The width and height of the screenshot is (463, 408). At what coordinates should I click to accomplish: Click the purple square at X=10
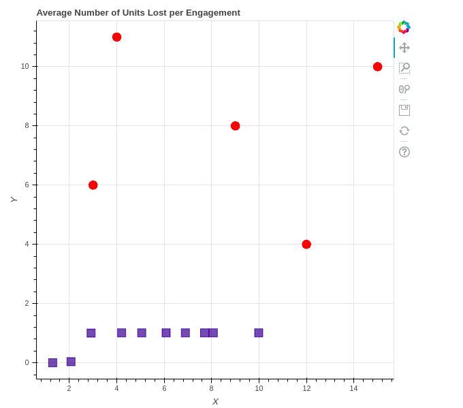pyautogui.click(x=259, y=333)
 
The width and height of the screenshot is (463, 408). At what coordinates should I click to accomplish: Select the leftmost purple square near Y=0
pyautogui.click(x=52, y=362)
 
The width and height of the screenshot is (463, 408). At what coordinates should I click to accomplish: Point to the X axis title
pyautogui.click(x=215, y=401)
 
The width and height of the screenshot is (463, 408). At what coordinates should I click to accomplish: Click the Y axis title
pyautogui.click(x=13, y=199)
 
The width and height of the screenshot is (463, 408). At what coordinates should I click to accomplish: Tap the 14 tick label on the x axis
pyautogui.click(x=353, y=388)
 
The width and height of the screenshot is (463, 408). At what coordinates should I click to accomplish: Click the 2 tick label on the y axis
pyautogui.click(x=27, y=304)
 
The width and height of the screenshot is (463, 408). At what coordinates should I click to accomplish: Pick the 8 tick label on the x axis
pyautogui.click(x=211, y=388)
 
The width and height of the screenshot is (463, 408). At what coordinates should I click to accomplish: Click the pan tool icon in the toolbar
pyautogui.click(x=404, y=48)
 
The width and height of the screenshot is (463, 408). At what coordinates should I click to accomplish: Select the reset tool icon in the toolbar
pyautogui.click(x=404, y=131)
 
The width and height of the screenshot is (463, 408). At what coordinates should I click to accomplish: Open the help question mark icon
pyautogui.click(x=404, y=151)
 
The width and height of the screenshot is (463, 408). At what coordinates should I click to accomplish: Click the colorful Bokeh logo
pyautogui.click(x=404, y=27)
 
